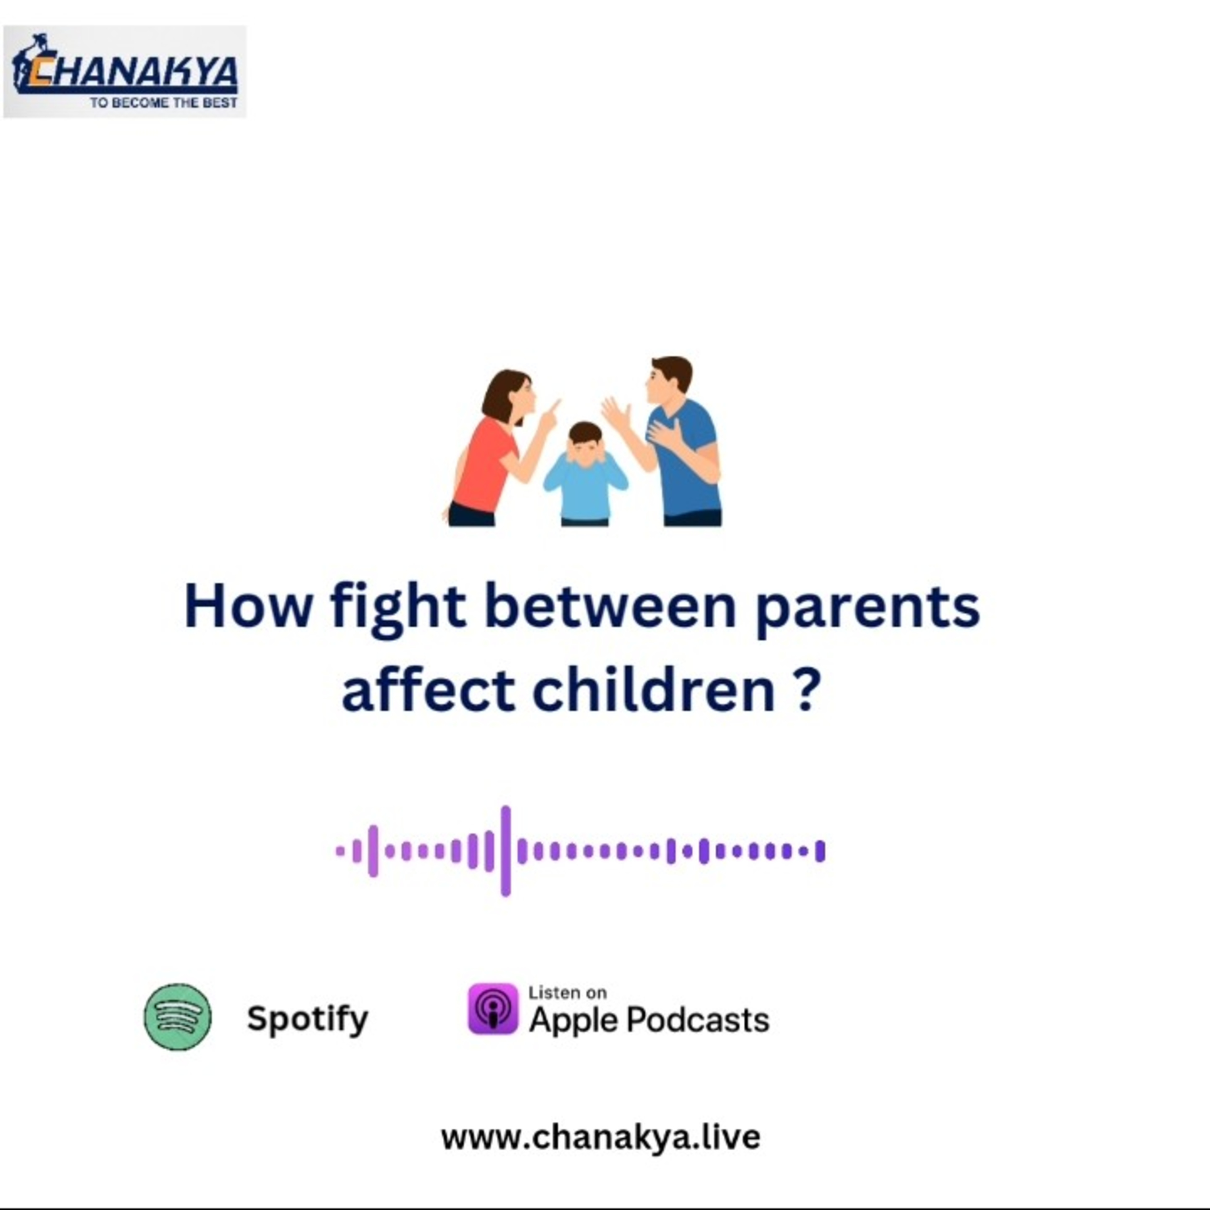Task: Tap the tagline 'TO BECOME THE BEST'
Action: click(x=163, y=103)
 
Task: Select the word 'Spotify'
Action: click(x=307, y=1019)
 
